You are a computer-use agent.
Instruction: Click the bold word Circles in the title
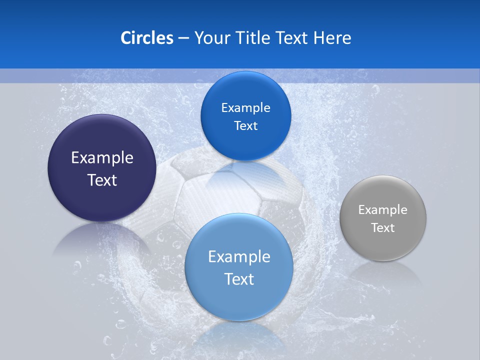click(x=146, y=38)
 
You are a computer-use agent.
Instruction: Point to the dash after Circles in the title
click(x=183, y=38)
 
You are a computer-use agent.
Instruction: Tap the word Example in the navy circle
click(x=102, y=158)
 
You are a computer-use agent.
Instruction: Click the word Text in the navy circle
click(x=102, y=180)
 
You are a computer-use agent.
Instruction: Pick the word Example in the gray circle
click(x=383, y=210)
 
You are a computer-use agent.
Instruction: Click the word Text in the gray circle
click(x=383, y=228)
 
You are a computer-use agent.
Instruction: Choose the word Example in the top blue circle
click(x=245, y=108)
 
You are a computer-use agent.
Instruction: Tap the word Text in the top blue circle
click(x=245, y=126)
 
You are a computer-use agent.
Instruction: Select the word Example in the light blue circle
click(x=239, y=257)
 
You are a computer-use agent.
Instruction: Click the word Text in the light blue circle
click(x=239, y=279)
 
